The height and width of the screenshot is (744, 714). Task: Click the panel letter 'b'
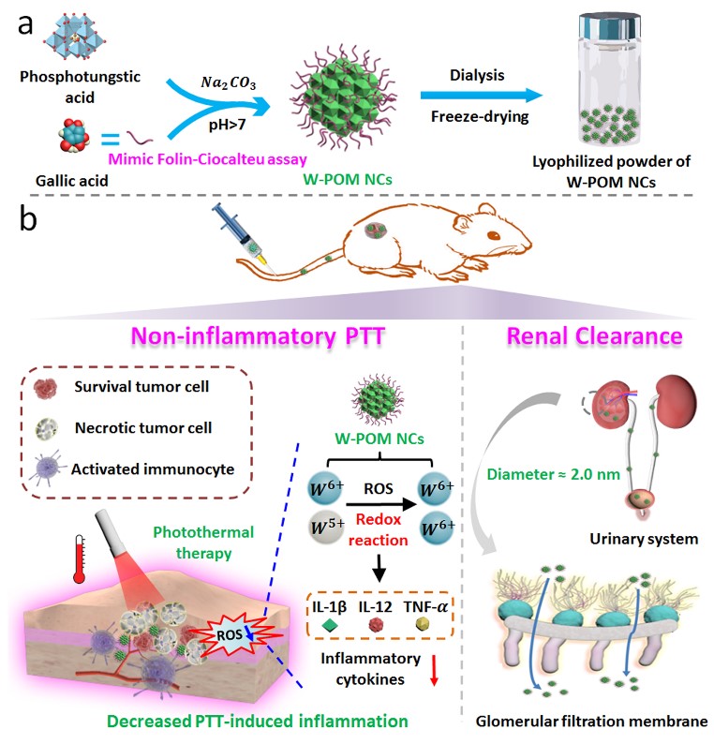coord(28,223)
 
